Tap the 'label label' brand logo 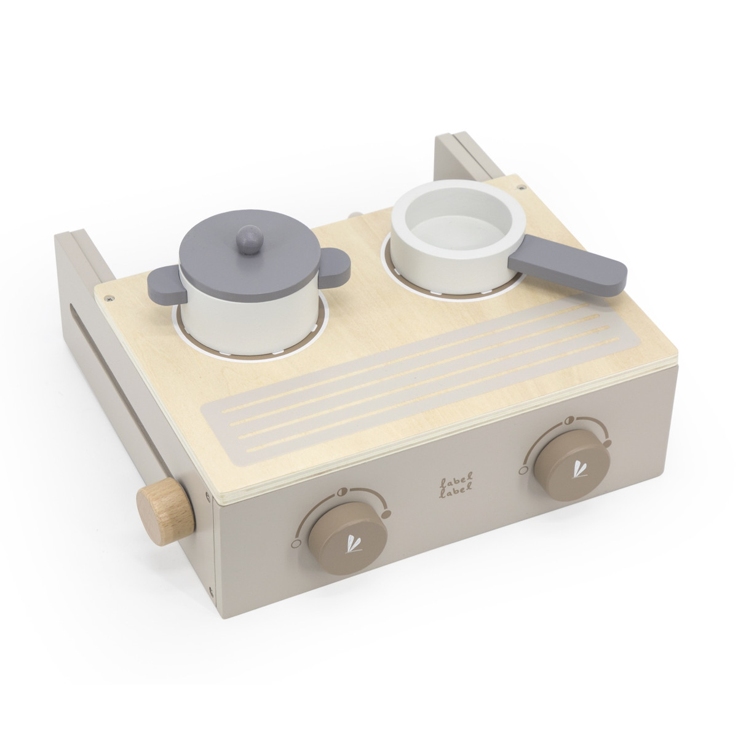pos(456,481)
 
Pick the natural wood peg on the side pos(165,506)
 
